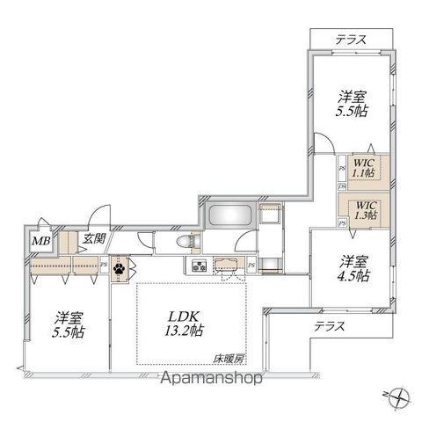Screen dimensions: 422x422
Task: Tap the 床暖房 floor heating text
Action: [x=228, y=358]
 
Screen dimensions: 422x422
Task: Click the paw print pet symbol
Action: [x=120, y=267]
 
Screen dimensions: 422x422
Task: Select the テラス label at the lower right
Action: [x=329, y=325]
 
